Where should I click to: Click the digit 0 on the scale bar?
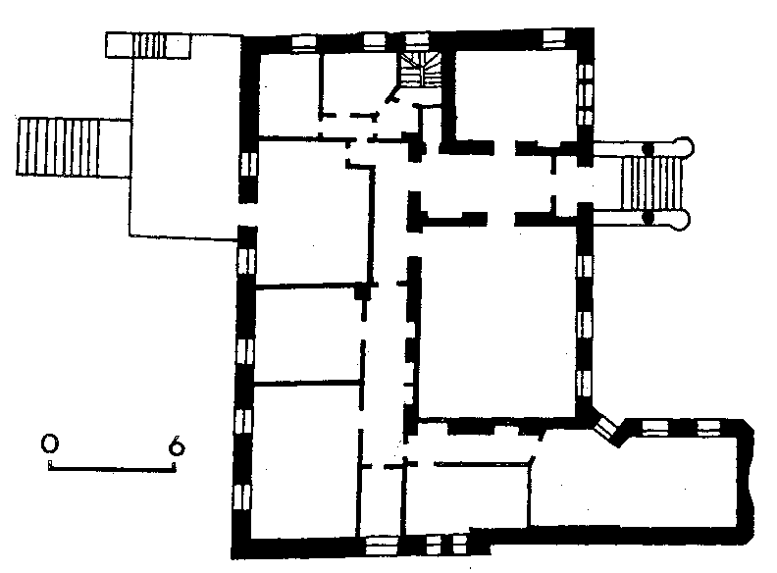tap(50, 443)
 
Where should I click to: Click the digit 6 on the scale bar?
tap(177, 445)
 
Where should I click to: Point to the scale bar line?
tap(112, 468)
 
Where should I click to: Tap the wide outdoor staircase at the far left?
tap(58, 147)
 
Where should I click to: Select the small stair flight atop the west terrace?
tap(149, 45)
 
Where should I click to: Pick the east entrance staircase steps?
tap(652, 182)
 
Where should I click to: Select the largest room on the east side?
tap(497, 322)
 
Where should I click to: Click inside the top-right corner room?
tap(516, 94)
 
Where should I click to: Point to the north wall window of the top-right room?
tap(553, 38)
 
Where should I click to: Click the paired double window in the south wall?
tap(446, 545)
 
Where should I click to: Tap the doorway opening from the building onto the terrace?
tap(248, 214)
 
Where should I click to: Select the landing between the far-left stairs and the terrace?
tap(115, 148)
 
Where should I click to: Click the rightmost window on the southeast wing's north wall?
tap(709, 428)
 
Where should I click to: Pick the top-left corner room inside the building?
tap(288, 93)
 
